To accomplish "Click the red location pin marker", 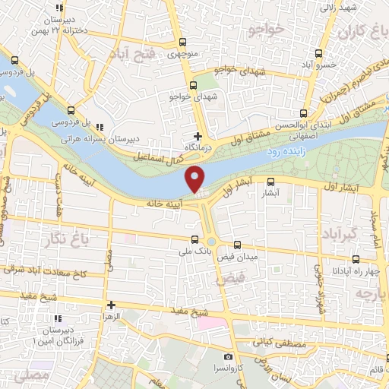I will (x=196, y=179).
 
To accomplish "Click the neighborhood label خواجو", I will (x=266, y=28).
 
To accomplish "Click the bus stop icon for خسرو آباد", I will (x=318, y=53).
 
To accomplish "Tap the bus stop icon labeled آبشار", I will (x=270, y=180).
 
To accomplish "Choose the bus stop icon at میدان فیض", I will (x=239, y=245).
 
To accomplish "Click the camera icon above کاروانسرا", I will (x=228, y=356).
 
